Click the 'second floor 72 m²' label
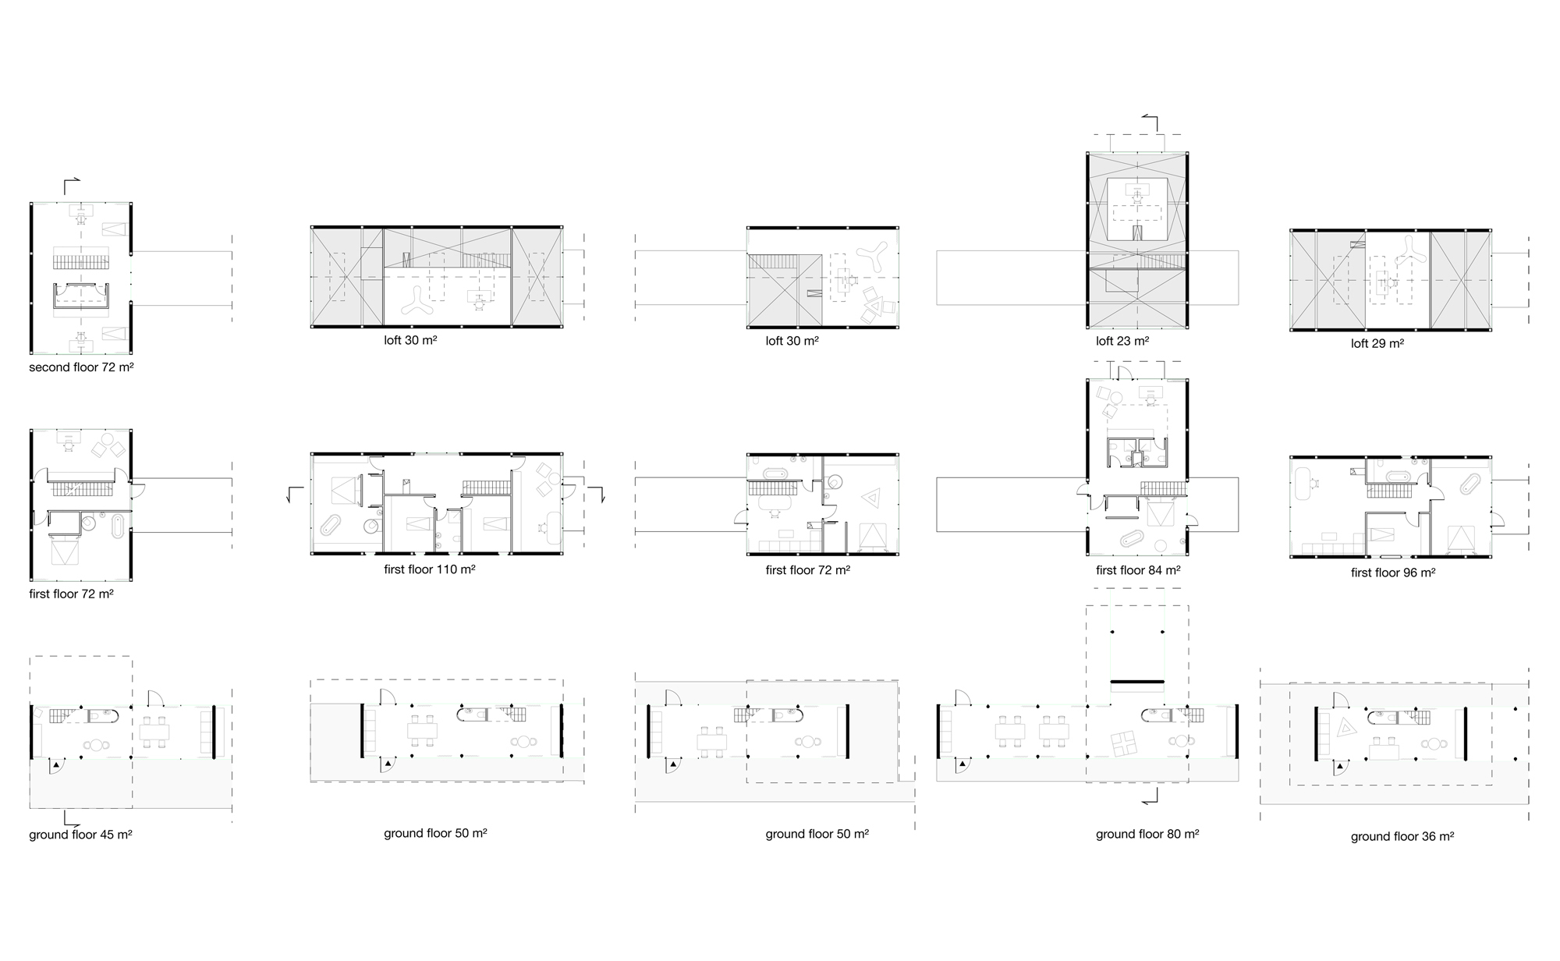[81, 367]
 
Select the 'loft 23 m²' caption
[1122, 341]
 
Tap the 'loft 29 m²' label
[1377, 343]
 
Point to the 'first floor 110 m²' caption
[430, 569]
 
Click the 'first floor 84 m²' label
[1138, 570]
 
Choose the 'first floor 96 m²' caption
[1393, 573]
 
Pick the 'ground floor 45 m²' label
[80, 835]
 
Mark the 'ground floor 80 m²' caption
[1147, 834]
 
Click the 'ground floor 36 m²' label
[1402, 836]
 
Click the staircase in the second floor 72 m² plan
[80, 257]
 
